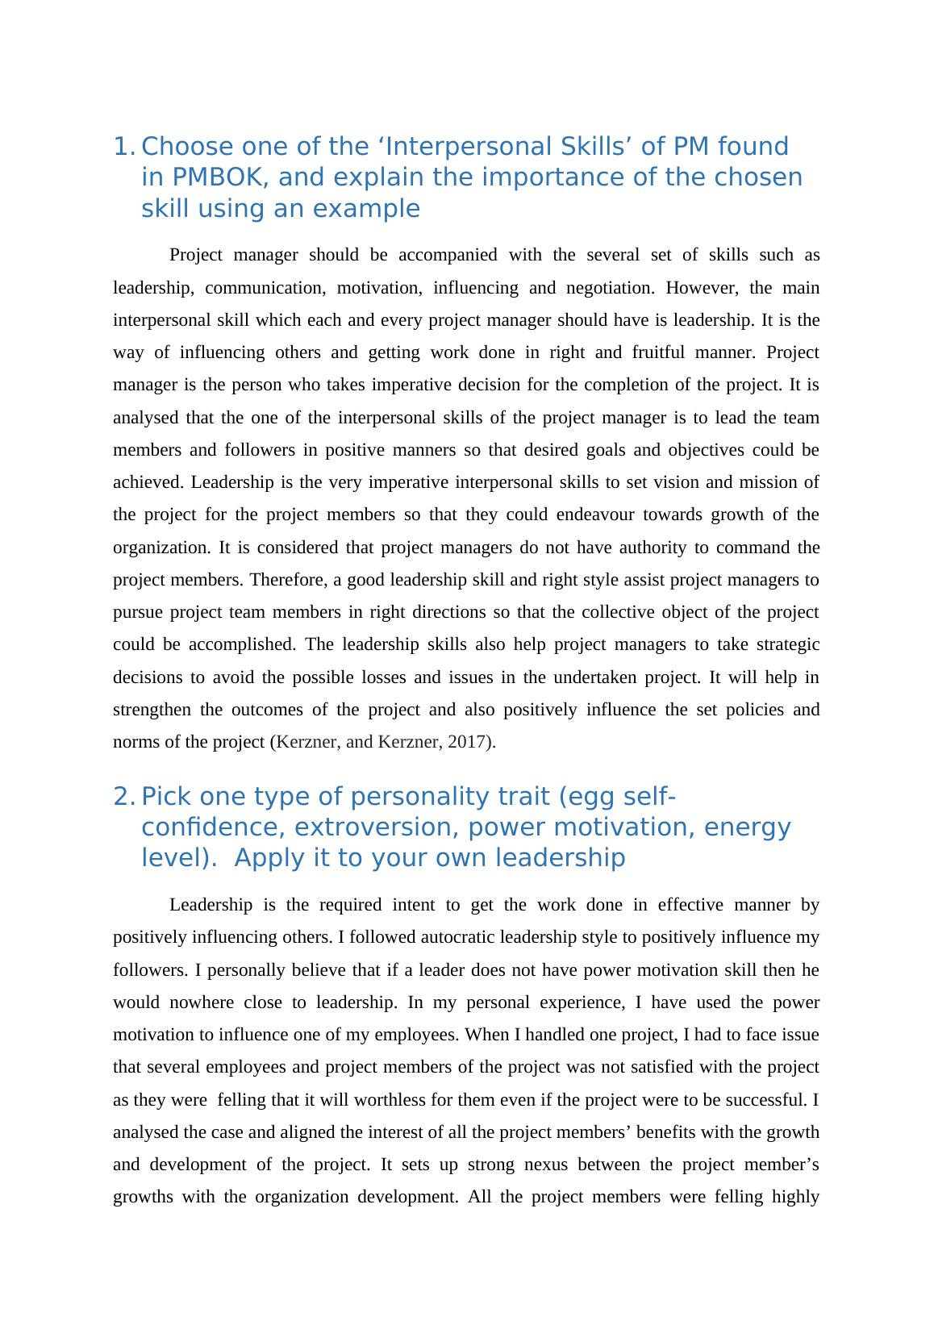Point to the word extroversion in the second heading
tap(378, 828)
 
